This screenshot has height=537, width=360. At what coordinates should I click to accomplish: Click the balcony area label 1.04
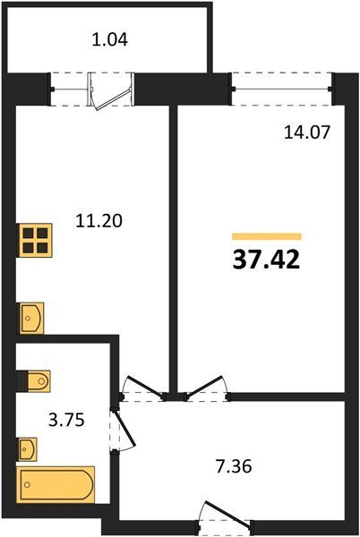110,39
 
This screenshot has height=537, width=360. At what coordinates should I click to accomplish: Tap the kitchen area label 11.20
99,221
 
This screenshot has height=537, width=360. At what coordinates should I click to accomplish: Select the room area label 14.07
307,132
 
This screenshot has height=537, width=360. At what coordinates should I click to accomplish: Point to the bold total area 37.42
267,260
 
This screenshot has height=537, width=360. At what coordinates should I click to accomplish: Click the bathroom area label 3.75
66,420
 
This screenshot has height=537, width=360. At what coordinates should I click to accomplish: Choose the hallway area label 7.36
234,466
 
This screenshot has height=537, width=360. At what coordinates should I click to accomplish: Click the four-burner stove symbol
35,240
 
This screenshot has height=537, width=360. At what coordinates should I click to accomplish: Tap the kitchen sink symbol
31,318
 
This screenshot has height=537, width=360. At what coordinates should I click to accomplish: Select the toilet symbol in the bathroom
39,380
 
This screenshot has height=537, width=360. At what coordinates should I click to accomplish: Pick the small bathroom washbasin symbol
28,449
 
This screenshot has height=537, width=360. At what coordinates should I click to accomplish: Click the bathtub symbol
56,484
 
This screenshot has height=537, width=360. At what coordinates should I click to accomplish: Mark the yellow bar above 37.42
267,236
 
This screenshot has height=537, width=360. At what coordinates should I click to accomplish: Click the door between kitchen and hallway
143,389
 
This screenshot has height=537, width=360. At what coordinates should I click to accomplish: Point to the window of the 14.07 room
281,89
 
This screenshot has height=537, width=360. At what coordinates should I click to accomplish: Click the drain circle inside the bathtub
28,484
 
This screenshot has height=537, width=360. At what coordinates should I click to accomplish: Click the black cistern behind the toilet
22,380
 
